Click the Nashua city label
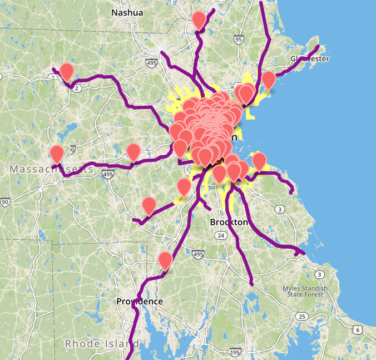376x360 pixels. (127, 12)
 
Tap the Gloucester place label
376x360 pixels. (310, 58)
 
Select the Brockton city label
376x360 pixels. (229, 222)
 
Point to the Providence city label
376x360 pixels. (140, 301)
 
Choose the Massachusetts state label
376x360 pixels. (51, 169)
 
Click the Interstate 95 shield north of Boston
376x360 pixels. (239, 40)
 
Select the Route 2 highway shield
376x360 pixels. (77, 88)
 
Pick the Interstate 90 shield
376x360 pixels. (5, 201)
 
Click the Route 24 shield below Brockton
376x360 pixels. (221, 236)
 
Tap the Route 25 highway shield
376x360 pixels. (302, 317)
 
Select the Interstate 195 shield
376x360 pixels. (235, 353)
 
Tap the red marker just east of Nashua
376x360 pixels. (199, 20)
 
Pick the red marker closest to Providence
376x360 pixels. (165, 260)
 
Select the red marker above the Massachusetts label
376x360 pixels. (57, 154)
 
